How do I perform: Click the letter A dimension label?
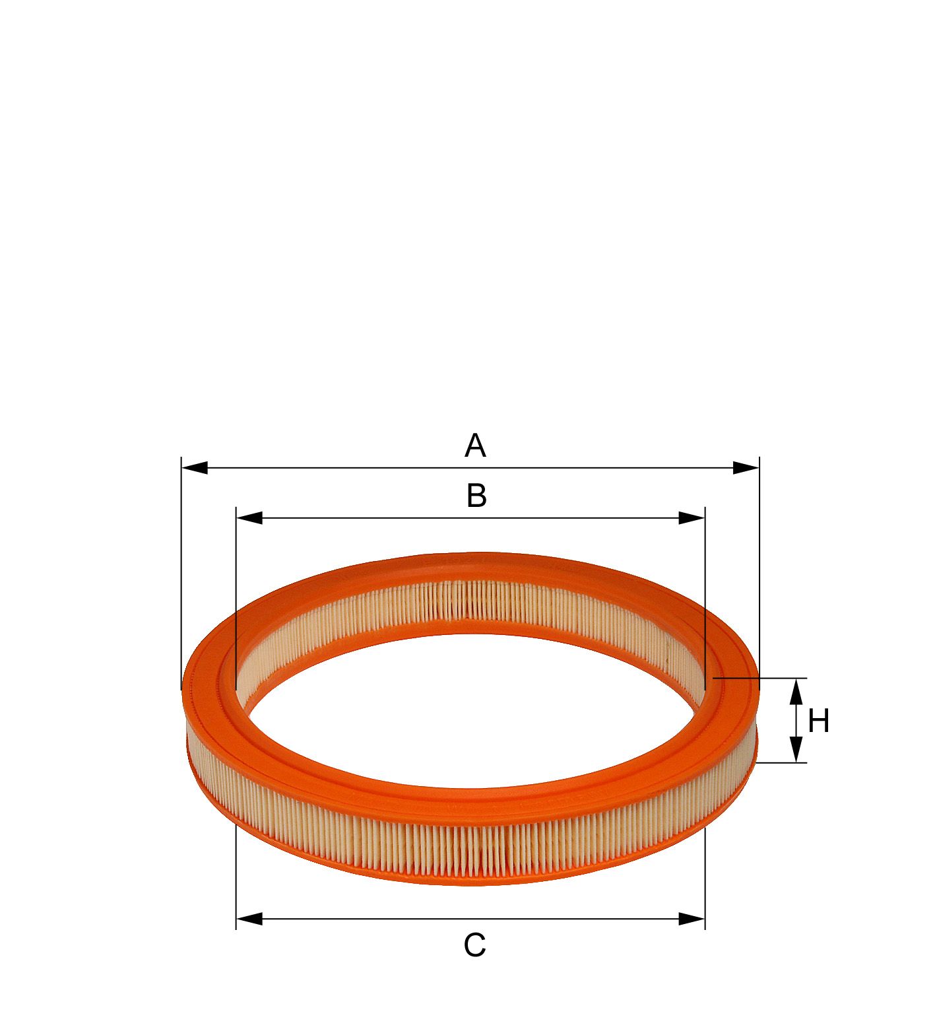click(475, 446)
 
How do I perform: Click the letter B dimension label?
click(476, 496)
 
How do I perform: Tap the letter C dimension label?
click(474, 945)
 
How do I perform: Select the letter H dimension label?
click(818, 721)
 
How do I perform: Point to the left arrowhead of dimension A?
click(195, 468)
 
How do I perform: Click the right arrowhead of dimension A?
click(746, 468)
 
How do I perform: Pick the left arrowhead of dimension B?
click(249, 518)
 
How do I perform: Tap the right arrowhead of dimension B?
click(692, 518)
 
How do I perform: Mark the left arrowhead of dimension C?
click(249, 919)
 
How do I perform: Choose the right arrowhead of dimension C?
click(692, 919)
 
